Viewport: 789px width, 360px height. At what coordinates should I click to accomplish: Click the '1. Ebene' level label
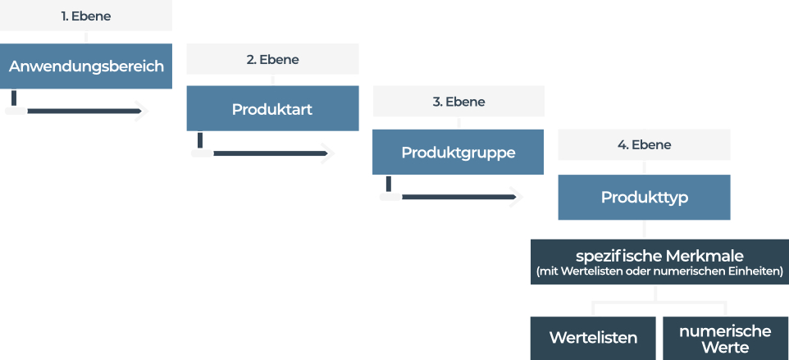[x=86, y=16]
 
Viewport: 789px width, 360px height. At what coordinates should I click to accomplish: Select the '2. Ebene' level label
[x=273, y=59]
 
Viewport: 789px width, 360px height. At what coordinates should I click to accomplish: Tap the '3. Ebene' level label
[x=459, y=102]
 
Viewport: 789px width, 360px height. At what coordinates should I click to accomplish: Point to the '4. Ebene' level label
[x=644, y=145]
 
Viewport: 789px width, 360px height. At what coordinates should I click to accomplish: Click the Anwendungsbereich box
[x=86, y=66]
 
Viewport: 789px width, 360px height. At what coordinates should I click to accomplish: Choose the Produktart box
[x=273, y=108]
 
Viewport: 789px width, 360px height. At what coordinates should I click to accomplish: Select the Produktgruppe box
[x=458, y=153]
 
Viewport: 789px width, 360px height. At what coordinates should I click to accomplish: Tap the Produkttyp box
[x=644, y=197]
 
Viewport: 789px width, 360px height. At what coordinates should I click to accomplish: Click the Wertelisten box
[x=593, y=339]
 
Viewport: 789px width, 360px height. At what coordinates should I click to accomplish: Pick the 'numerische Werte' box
[x=726, y=339]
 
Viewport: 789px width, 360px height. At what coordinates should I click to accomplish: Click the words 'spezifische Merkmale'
[x=659, y=256]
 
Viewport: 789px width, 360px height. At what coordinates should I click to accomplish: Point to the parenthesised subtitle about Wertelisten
[x=659, y=271]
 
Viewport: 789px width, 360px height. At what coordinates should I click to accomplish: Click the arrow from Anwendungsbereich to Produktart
[x=75, y=111]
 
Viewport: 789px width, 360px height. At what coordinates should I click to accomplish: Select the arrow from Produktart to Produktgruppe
[x=262, y=153]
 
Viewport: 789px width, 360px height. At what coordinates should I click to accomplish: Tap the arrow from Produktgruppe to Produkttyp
[x=450, y=197]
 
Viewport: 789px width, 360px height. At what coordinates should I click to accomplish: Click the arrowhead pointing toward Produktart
[x=142, y=111]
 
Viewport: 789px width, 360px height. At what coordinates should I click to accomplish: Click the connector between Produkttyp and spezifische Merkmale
[x=644, y=230]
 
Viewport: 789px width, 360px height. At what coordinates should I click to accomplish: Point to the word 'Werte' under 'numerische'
[x=726, y=347]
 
